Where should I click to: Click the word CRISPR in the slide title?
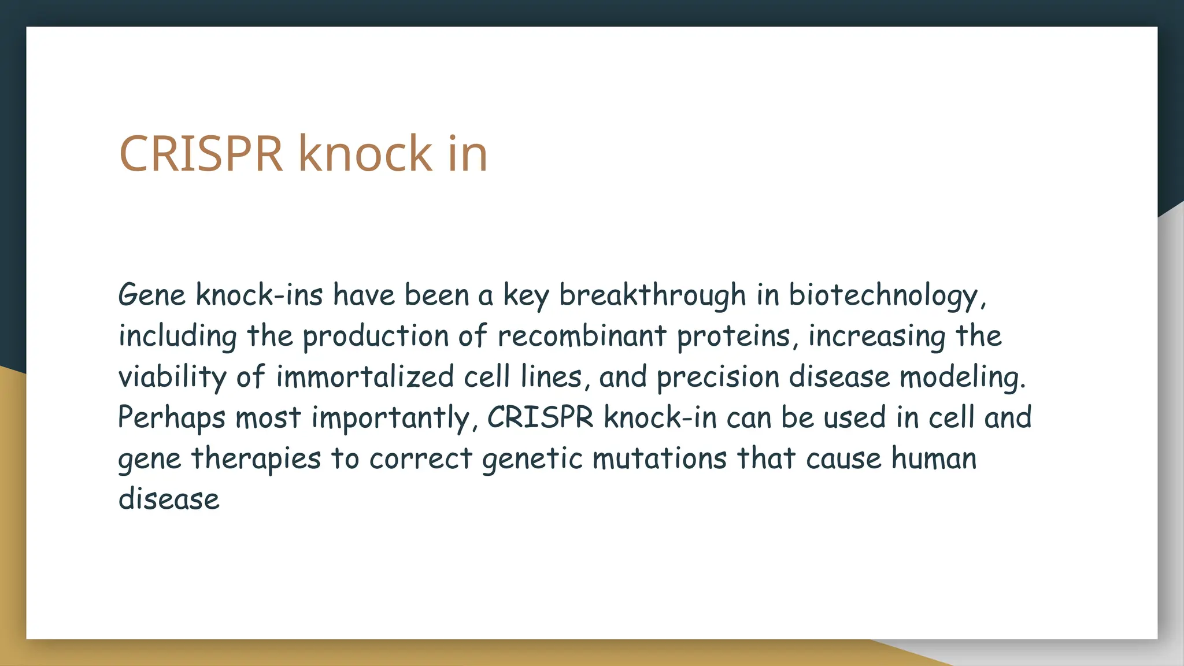[x=201, y=154]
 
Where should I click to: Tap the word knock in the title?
[x=365, y=154]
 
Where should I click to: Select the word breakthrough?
[x=652, y=295]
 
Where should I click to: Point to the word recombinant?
[x=582, y=336]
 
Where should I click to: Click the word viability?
[x=172, y=378]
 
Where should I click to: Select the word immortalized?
[x=364, y=378]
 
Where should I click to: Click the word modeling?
[x=962, y=378]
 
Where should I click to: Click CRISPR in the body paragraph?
[x=540, y=417]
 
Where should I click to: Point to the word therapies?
[x=256, y=459]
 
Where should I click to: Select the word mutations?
[x=659, y=459]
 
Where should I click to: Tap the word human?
[x=934, y=459]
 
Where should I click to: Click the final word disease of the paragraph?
[x=169, y=499]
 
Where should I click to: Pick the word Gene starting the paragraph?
[x=151, y=295]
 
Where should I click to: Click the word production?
[x=375, y=337]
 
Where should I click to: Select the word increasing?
[x=876, y=337]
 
